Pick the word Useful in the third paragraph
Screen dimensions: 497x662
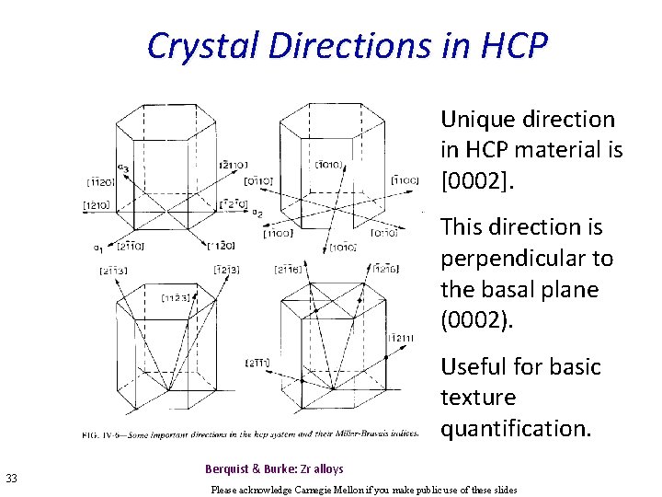point(475,366)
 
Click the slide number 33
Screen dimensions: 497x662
point(12,477)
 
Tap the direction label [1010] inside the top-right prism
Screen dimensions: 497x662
point(328,166)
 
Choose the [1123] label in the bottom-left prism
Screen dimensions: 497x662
point(177,296)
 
